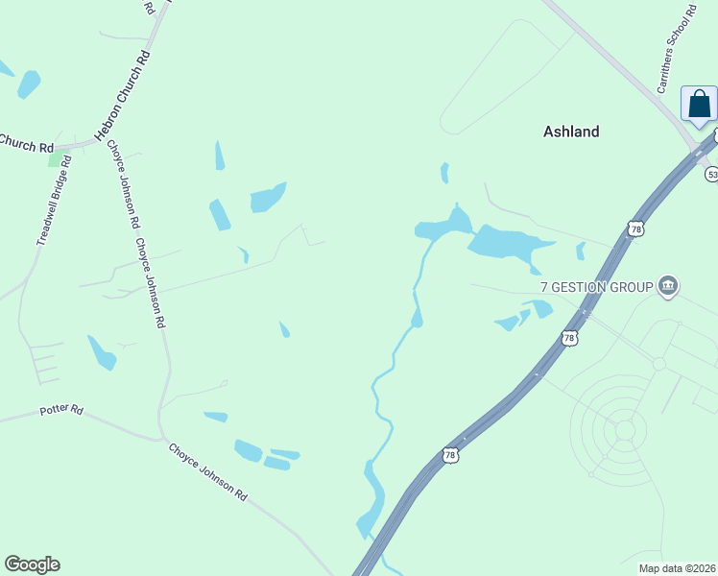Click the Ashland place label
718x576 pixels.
click(x=571, y=132)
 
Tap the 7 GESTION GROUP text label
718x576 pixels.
click(x=596, y=286)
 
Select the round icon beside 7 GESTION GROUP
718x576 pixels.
click(x=669, y=285)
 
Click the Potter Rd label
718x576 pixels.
click(x=61, y=411)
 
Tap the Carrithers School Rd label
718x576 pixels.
click(x=676, y=49)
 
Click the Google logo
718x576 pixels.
click(x=32, y=564)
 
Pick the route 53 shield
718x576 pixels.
click(x=711, y=174)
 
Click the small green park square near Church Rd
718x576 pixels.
click(x=57, y=158)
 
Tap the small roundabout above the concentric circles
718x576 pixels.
click(x=659, y=364)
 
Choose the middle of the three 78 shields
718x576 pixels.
click(x=569, y=339)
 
